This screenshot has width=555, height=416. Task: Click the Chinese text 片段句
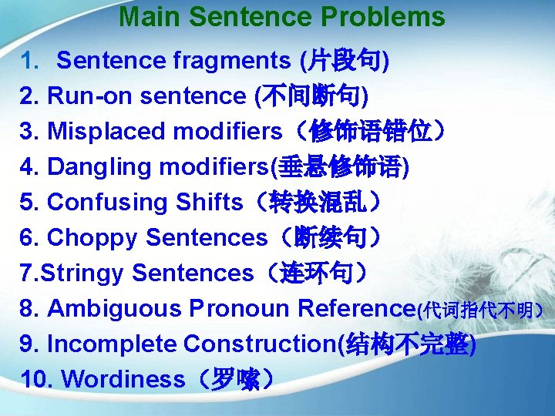point(344,60)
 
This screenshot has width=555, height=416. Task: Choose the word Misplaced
point(107,132)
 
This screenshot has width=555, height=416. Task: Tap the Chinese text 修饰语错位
point(370,132)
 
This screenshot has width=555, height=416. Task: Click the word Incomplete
point(112,344)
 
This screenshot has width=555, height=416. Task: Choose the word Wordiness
point(123,380)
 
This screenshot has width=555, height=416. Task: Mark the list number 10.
point(35,380)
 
